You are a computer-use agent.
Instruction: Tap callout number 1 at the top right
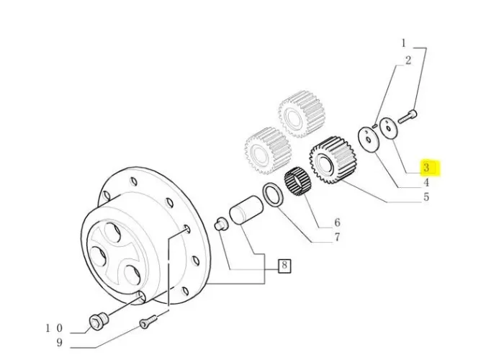click(x=404, y=44)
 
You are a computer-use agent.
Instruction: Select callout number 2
click(x=408, y=60)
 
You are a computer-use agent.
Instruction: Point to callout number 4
click(x=426, y=183)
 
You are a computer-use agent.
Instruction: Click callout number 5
click(x=426, y=197)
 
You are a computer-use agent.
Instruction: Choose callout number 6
click(x=336, y=223)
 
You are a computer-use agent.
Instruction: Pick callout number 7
click(x=336, y=238)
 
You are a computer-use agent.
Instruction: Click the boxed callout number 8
click(x=284, y=266)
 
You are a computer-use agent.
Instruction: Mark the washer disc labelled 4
click(x=369, y=138)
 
